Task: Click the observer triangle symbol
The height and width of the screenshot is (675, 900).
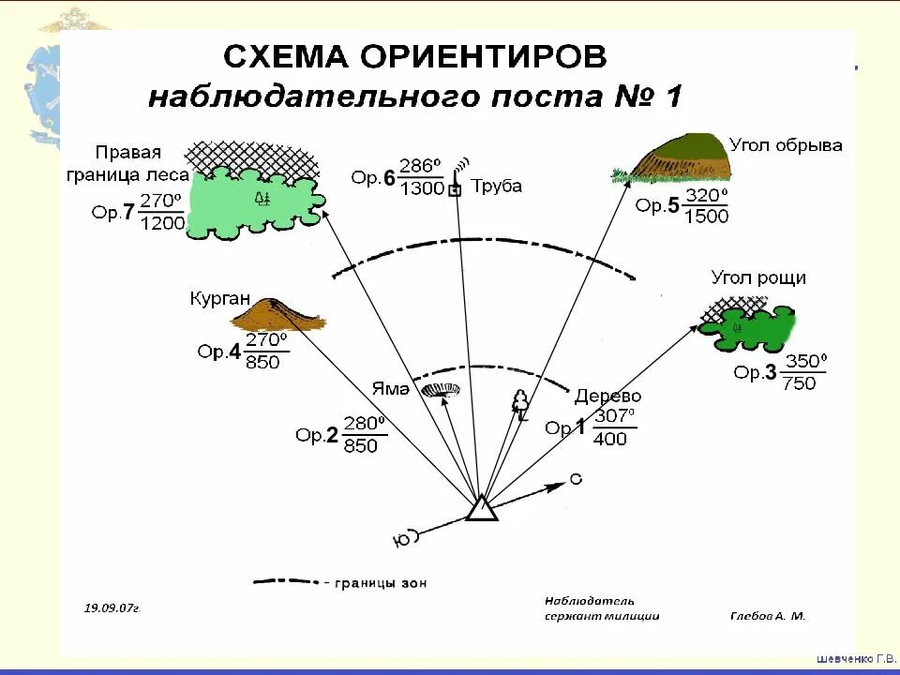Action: (481, 508)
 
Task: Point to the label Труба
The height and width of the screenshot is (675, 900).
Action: (496, 186)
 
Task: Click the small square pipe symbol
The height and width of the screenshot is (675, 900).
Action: (455, 190)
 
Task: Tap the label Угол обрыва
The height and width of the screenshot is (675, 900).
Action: (786, 145)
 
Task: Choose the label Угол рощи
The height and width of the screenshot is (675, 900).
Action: (758, 277)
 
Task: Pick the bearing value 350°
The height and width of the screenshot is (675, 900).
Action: (806, 361)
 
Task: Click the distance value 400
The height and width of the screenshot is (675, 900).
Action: (610, 439)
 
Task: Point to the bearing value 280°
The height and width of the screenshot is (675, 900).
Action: (363, 423)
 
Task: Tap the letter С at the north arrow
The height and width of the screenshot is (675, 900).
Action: (576, 479)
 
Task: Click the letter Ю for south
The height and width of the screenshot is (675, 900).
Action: (400, 539)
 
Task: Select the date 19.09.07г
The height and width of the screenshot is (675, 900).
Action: (112, 607)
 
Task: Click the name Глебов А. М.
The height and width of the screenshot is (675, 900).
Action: (767, 616)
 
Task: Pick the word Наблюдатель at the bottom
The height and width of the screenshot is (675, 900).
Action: (589, 600)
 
